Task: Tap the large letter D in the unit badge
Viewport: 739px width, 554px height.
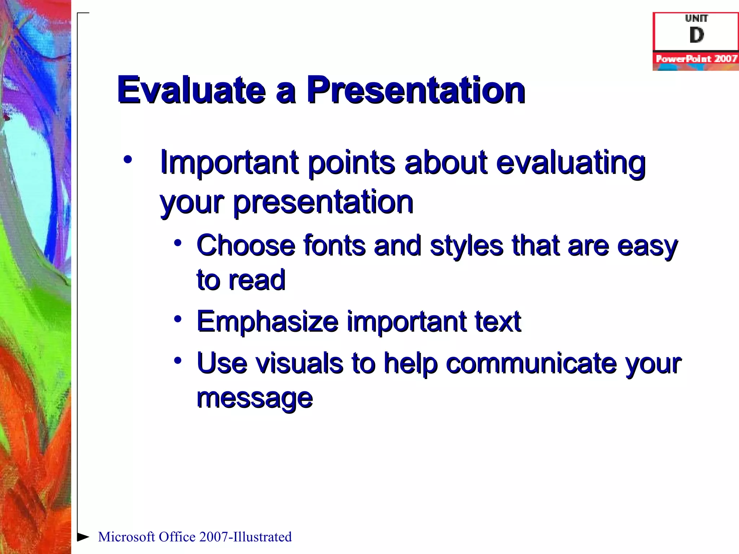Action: (x=696, y=35)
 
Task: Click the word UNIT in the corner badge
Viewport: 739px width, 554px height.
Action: (x=696, y=18)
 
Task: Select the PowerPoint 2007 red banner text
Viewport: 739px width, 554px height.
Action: (x=696, y=59)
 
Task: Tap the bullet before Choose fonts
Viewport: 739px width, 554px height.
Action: (x=178, y=243)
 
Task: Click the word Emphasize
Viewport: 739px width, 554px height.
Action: (x=267, y=321)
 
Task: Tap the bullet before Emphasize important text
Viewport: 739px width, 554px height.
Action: (x=178, y=319)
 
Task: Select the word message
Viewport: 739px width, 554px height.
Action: (x=254, y=398)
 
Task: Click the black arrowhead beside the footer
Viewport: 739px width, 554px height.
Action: (x=83, y=537)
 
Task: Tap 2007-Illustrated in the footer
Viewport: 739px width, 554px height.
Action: (x=245, y=537)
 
